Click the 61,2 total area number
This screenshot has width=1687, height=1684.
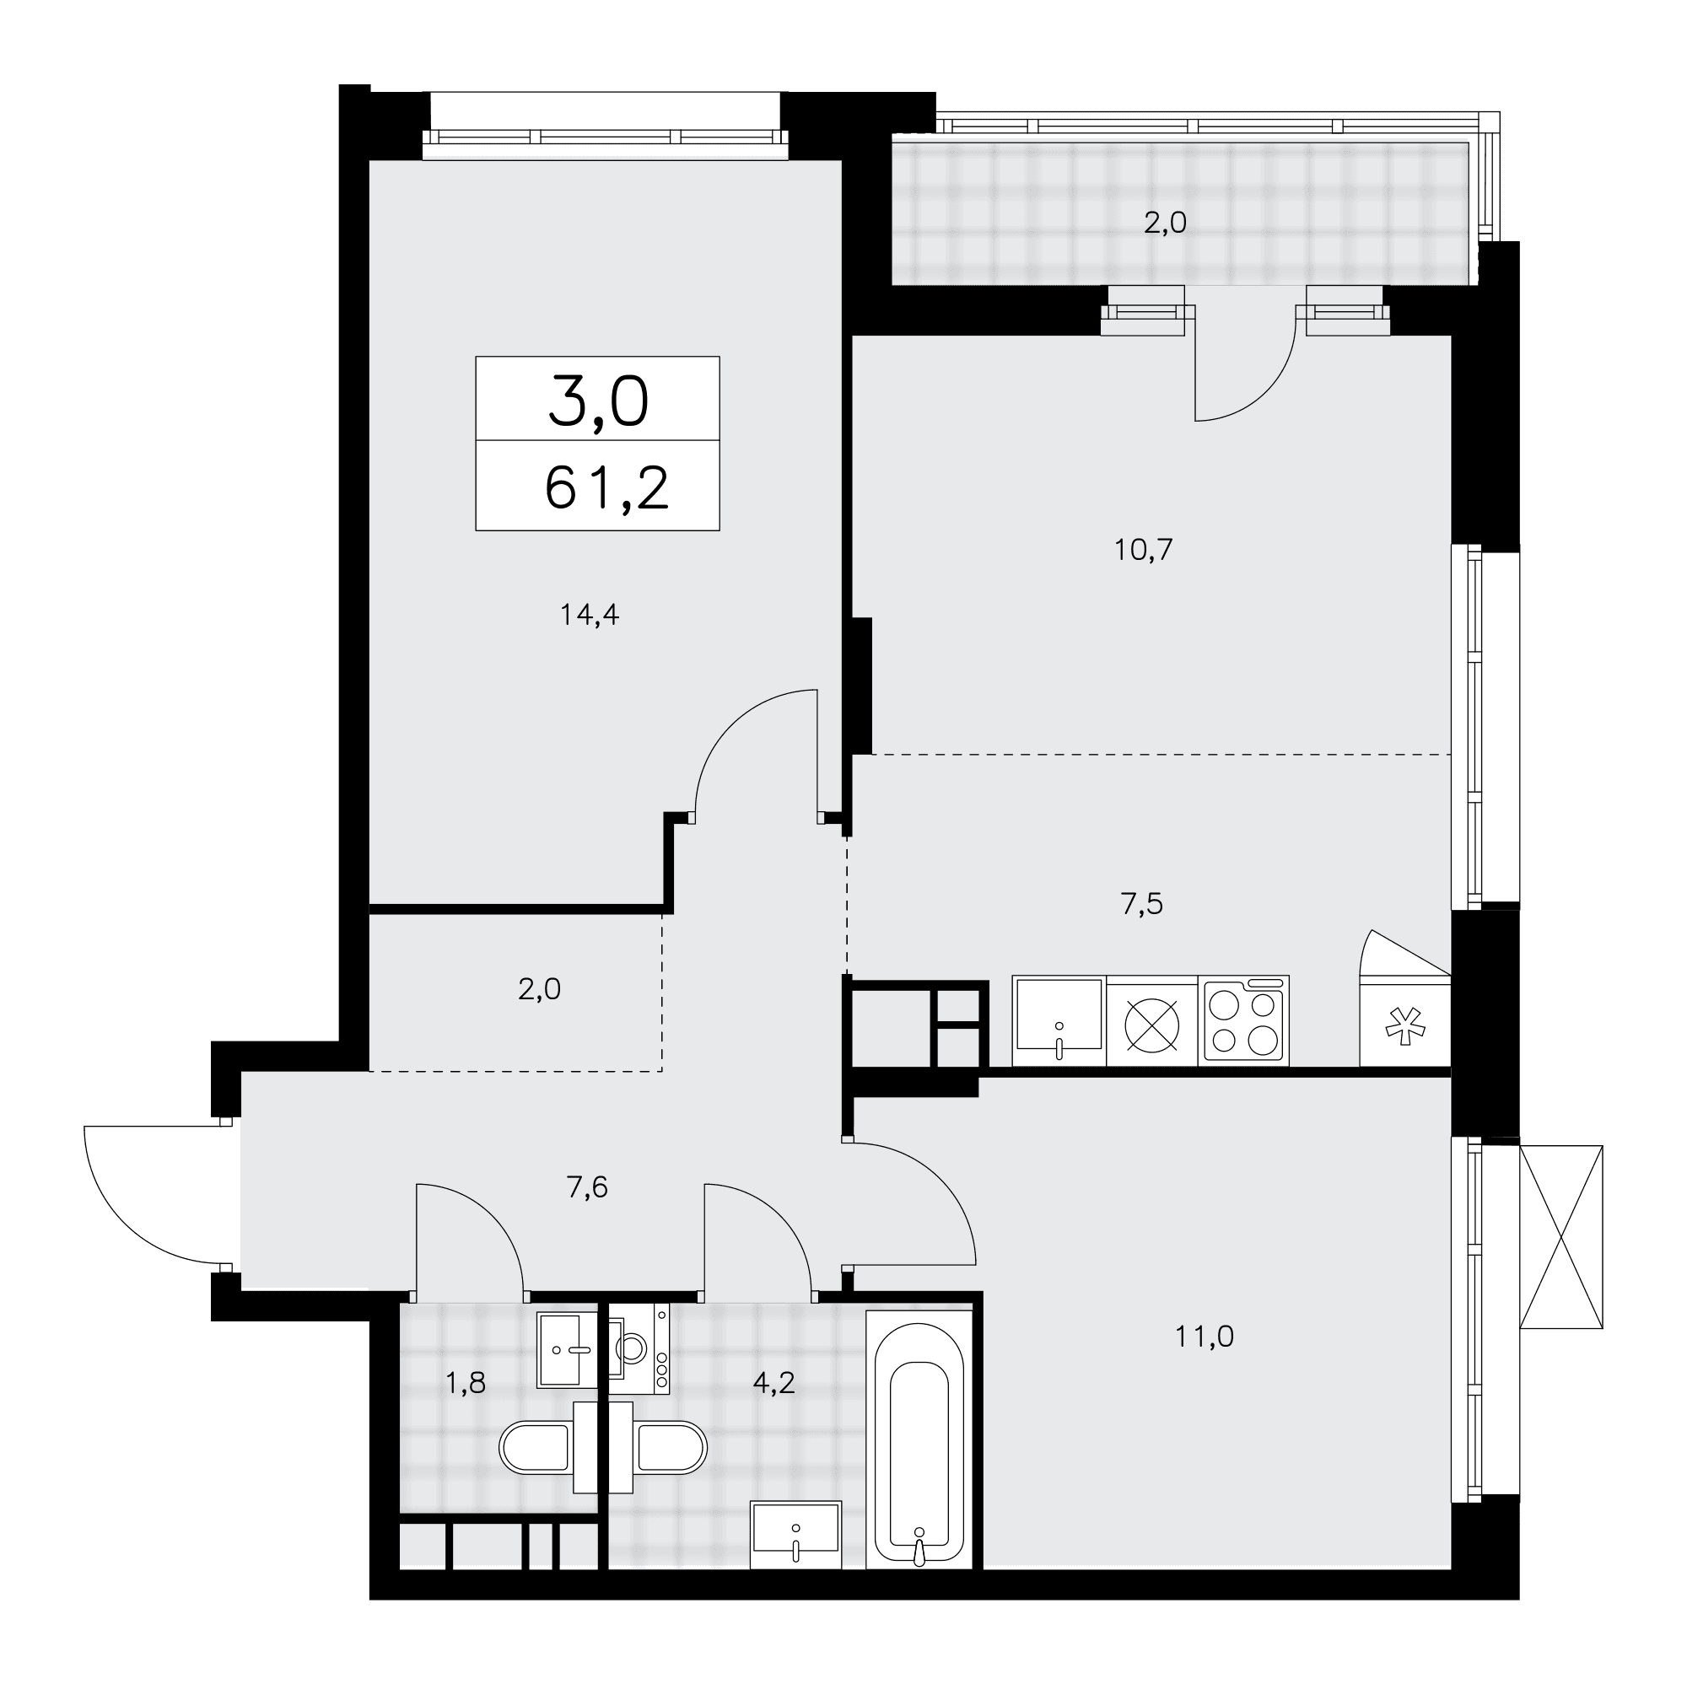(x=606, y=488)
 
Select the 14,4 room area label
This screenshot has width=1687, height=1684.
(x=590, y=616)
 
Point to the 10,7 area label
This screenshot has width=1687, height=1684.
(x=1143, y=550)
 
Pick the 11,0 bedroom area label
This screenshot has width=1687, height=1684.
(x=1205, y=1337)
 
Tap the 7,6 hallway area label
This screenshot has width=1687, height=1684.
(x=587, y=1187)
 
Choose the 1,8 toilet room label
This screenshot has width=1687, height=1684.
(x=466, y=1384)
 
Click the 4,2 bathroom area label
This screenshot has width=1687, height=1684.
(x=773, y=1384)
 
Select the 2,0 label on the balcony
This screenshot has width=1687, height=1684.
(x=1165, y=223)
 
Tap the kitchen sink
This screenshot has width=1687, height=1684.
(x=1059, y=1020)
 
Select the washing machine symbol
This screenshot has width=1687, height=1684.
(x=639, y=1348)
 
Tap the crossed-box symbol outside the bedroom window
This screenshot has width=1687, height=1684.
(x=1561, y=1238)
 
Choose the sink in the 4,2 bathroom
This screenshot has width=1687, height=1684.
(x=795, y=1534)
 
